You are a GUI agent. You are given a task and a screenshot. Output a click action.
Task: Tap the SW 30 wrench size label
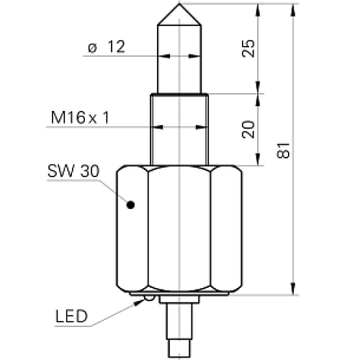click(73, 172)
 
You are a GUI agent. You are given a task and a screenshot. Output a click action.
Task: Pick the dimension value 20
click(248, 130)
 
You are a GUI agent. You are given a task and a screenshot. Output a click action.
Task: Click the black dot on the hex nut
click(130, 205)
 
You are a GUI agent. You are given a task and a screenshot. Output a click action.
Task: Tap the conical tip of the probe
click(177, 14)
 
